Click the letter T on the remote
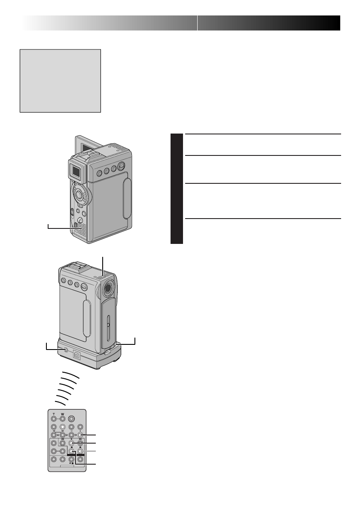[x=53, y=411]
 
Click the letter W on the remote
[x=62, y=411]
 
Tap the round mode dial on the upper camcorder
[x=79, y=194]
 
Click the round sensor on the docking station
[x=66, y=350]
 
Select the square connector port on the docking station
[x=77, y=355]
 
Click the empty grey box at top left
[x=60, y=80]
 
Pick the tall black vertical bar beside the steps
[x=176, y=189]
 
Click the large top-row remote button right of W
[x=72, y=418]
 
